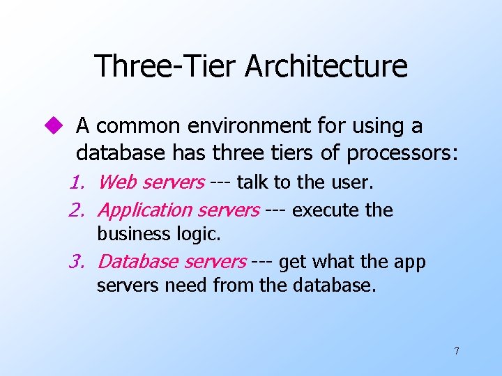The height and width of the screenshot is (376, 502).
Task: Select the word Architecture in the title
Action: (326, 66)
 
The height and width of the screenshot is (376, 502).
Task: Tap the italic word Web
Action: (117, 183)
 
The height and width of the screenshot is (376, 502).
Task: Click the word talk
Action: (252, 183)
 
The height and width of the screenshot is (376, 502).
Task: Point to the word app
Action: (410, 263)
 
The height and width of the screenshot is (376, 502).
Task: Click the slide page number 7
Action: (457, 351)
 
